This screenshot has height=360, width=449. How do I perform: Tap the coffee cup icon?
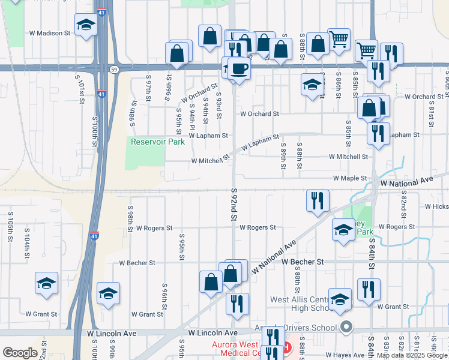(240, 69)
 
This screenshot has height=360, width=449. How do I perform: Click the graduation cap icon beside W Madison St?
(86, 26)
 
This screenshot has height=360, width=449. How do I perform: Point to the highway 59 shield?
(113, 70)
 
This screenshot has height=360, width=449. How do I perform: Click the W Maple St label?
(350, 178)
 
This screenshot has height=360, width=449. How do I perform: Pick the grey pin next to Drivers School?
(346, 328)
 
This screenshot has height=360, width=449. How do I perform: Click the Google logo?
(19, 353)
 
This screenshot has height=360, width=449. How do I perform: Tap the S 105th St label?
(10, 227)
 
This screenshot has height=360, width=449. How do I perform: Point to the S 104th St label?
(27, 243)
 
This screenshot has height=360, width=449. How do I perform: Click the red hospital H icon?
(286, 347)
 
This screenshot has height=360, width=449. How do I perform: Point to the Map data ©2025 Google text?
(411, 355)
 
